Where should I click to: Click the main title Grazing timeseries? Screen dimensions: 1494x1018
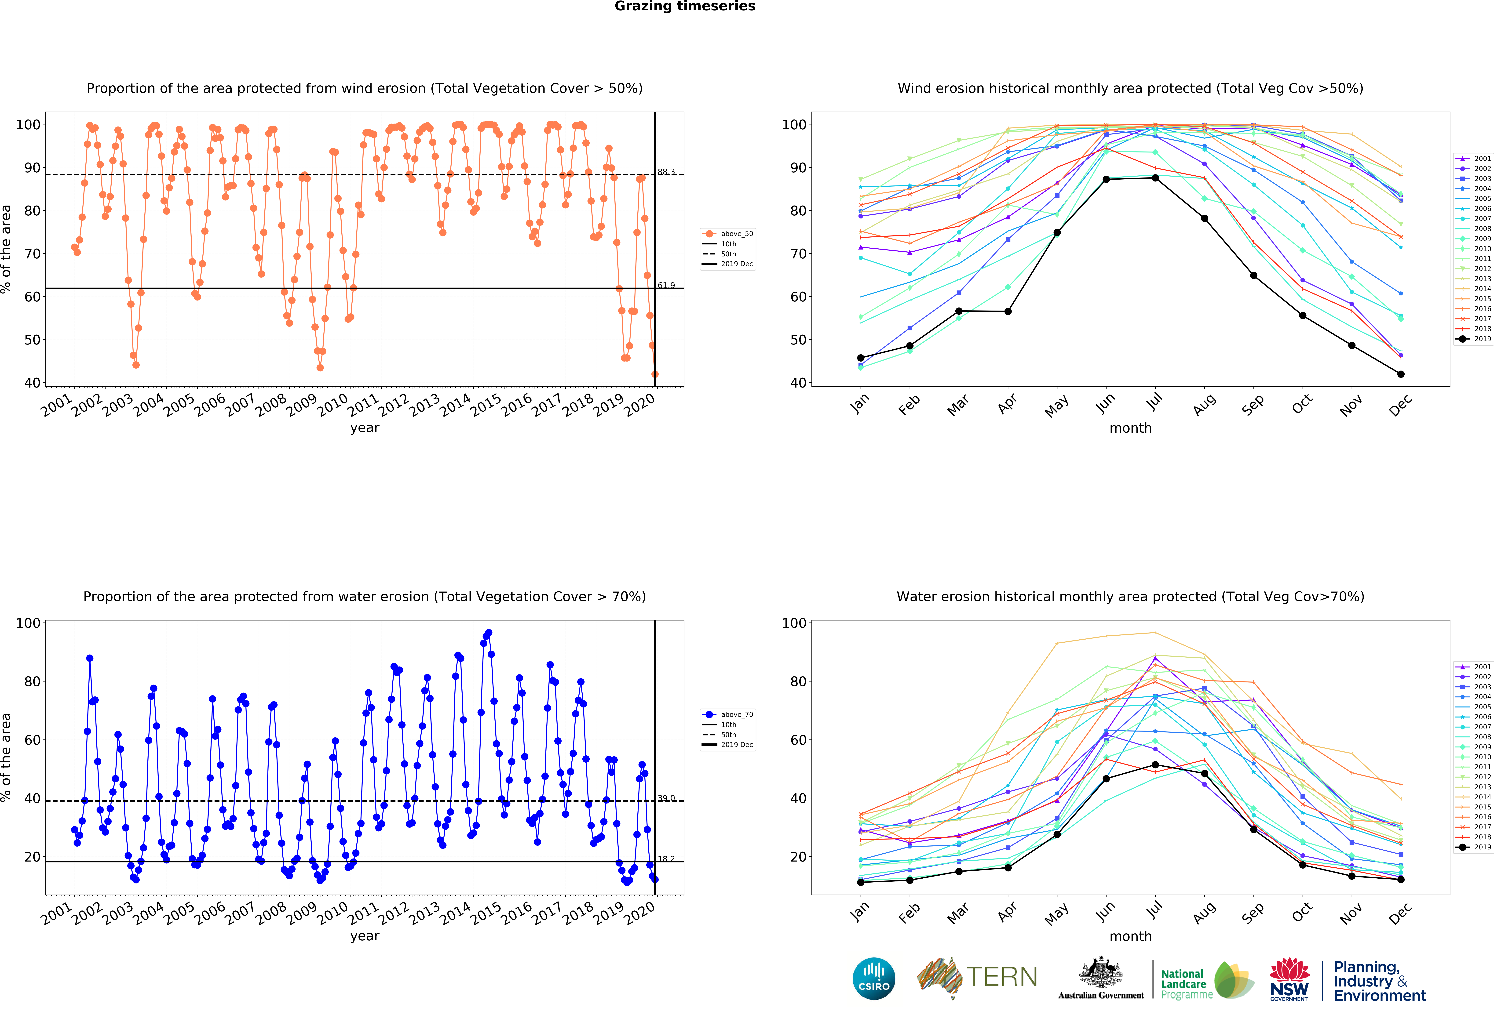coord(685,6)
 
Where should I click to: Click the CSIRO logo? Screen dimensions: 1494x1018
coord(874,979)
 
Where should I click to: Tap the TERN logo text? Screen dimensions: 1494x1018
coord(1002,977)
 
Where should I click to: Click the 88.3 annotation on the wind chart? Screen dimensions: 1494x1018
coord(666,172)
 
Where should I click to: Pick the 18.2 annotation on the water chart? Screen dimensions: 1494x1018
coord(666,859)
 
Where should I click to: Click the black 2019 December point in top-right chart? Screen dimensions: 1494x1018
coord(1401,374)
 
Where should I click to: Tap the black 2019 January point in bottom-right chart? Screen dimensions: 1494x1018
coord(861,882)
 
